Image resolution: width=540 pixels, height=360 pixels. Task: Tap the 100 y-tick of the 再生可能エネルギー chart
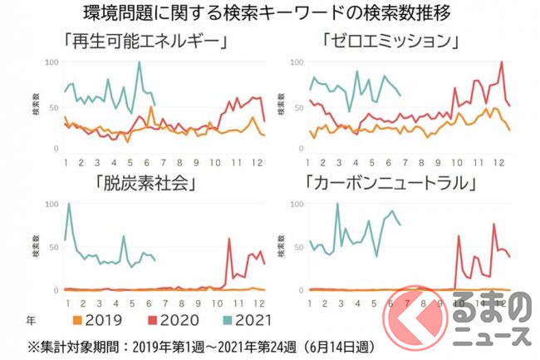(52, 62)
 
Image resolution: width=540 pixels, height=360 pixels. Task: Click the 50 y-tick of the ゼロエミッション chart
(296, 106)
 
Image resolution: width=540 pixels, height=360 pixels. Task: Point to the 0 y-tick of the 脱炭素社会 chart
(55, 291)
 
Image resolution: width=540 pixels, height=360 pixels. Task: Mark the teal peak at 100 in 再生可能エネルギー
(139, 62)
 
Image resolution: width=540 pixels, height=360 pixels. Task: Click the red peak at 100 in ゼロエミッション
(502, 62)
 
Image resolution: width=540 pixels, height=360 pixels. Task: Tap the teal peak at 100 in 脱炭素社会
(68, 204)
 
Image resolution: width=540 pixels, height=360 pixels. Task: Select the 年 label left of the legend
(32, 317)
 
